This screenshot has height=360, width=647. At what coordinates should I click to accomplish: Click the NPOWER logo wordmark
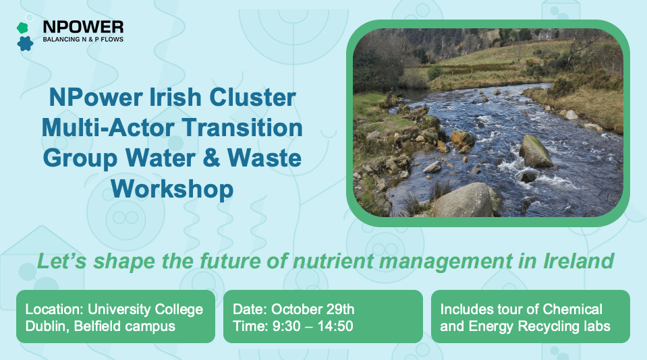pos(83,26)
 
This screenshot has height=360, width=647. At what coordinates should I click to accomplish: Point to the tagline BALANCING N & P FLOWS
pos(82,39)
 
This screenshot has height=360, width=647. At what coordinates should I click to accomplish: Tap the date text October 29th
pos(311,309)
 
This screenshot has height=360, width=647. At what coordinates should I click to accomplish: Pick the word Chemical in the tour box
pos(571,309)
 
